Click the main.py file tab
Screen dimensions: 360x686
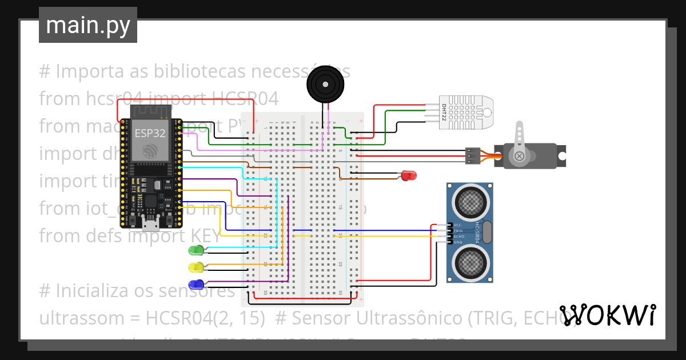(87, 25)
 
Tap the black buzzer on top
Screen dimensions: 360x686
(326, 85)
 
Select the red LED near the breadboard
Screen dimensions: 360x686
(409, 175)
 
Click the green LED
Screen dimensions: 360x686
(196, 250)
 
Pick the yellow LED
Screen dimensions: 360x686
(196, 267)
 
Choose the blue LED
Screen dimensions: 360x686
(196, 284)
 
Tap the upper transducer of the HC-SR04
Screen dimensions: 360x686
(470, 201)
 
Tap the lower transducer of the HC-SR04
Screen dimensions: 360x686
(470, 262)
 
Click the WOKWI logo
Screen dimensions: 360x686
(607, 315)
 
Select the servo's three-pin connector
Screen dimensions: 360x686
(472, 156)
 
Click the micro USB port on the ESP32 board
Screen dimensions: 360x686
(151, 220)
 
